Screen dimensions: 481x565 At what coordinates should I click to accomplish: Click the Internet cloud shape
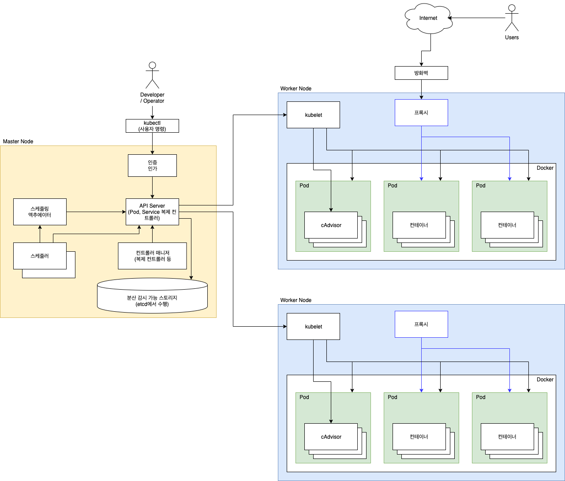point(428,19)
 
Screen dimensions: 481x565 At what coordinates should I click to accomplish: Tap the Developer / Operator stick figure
point(152,75)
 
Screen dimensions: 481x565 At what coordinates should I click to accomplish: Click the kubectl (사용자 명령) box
point(152,126)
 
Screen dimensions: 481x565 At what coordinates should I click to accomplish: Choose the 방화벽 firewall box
point(421,73)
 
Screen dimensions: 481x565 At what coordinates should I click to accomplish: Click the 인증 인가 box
point(152,165)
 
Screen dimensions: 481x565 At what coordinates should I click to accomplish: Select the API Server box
point(152,212)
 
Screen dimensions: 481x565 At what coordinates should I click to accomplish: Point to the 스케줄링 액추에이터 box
point(40,212)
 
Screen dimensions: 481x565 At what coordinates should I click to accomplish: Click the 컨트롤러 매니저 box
point(152,256)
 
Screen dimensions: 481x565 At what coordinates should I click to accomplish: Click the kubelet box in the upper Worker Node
point(313,115)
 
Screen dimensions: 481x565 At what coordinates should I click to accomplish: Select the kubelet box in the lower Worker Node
point(313,327)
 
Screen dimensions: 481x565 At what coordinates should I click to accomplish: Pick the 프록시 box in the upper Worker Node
point(421,112)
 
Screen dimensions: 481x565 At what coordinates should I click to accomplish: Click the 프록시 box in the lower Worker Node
point(421,324)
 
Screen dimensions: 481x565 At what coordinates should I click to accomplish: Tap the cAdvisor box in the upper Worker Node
point(331,225)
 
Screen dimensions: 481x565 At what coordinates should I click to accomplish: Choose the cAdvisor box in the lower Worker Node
point(331,436)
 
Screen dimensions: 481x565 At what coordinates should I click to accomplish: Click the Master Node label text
point(18,142)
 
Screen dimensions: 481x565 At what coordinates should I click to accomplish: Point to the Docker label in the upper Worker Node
point(545,168)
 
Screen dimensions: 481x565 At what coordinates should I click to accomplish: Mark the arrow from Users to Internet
point(476,18)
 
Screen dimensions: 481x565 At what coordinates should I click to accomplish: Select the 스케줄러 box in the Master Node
point(40,256)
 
